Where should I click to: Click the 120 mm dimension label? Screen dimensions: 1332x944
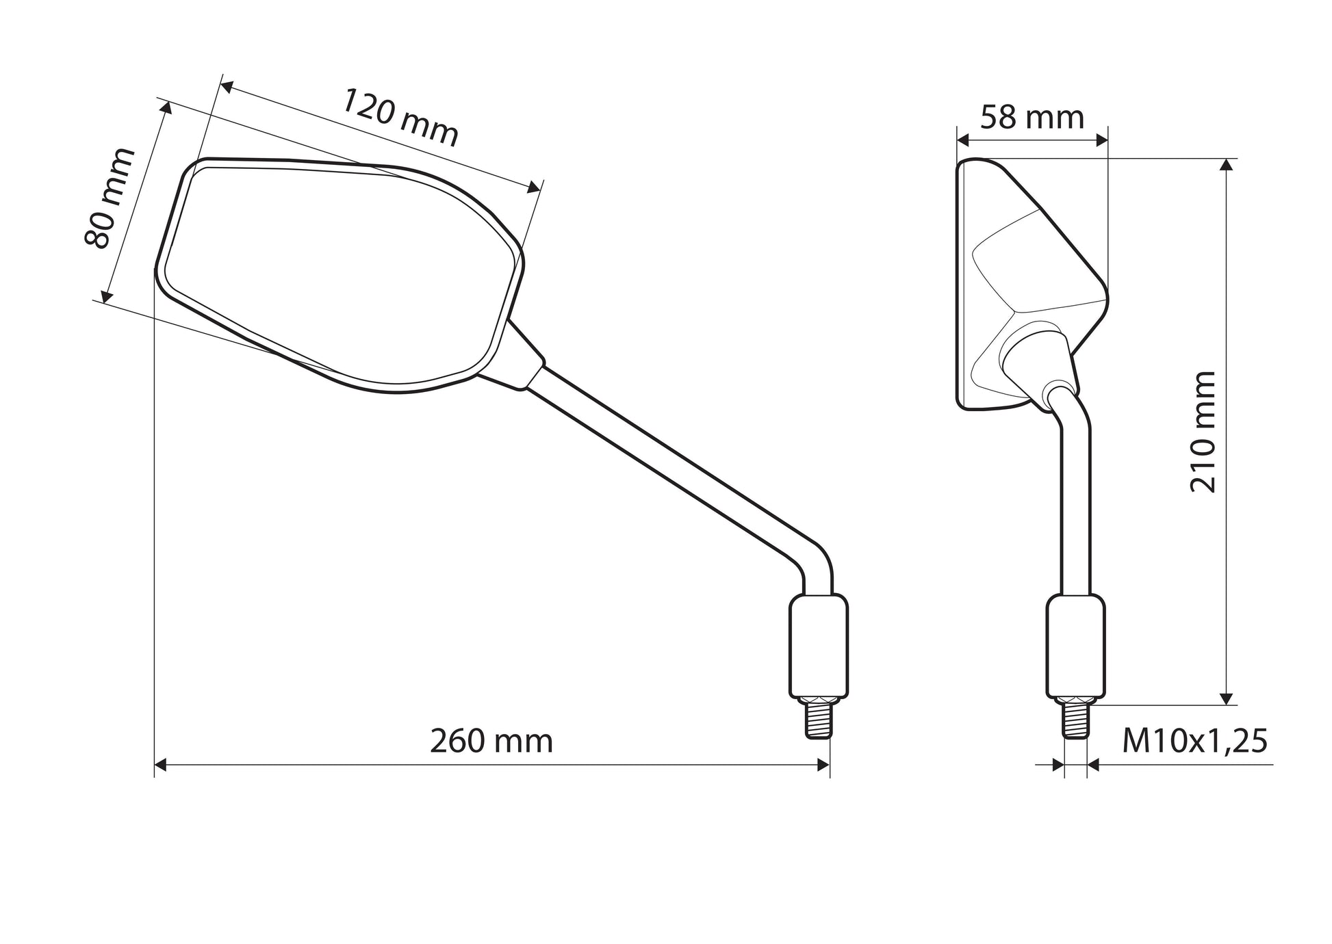click(x=400, y=117)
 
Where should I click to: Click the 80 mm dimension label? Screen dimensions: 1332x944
click(x=109, y=198)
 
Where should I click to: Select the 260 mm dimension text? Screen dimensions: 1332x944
click(x=491, y=742)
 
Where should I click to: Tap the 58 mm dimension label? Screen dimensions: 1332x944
click(x=1032, y=118)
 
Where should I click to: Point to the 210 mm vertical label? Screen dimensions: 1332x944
click(x=1203, y=432)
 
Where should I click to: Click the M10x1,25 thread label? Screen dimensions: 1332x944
click(x=1194, y=742)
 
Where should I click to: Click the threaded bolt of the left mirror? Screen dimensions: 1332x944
click(x=819, y=718)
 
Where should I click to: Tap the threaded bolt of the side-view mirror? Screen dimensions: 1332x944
click(x=1075, y=718)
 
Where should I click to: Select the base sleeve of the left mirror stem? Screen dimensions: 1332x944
click(x=819, y=646)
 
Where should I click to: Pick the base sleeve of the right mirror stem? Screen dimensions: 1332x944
click(x=1075, y=646)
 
